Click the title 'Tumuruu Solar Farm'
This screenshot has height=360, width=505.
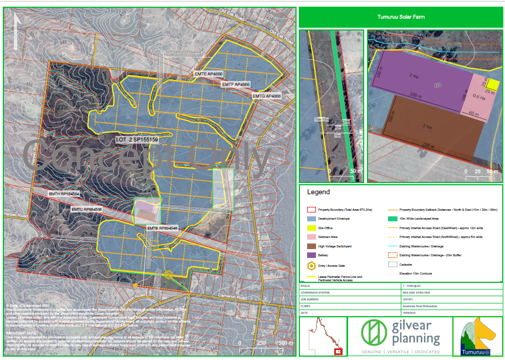[x=400, y=17]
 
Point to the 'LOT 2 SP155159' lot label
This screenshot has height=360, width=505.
[x=137, y=139]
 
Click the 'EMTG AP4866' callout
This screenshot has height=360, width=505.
[x=267, y=96]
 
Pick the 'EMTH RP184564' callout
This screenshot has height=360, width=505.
[x=64, y=194]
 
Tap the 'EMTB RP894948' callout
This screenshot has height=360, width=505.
[x=162, y=228]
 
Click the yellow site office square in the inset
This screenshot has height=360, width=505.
[x=492, y=84]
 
